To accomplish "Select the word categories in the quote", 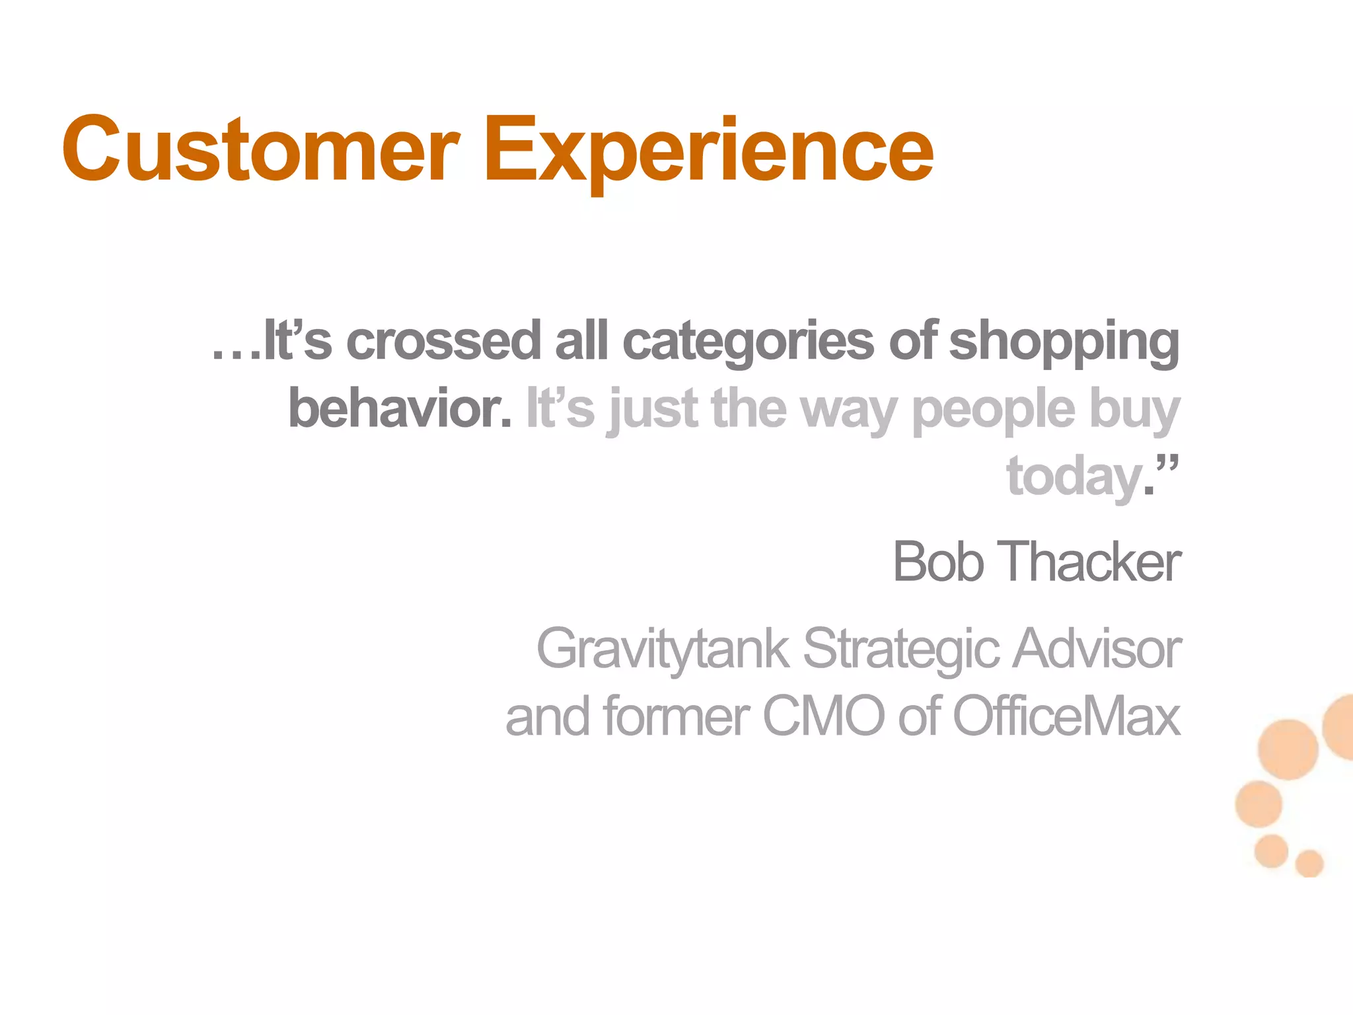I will [748, 342].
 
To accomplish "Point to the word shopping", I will [1064, 342].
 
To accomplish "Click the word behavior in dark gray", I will [400, 408].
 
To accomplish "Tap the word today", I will [1074, 477].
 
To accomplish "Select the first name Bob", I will [937, 562].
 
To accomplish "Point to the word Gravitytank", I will [662, 650].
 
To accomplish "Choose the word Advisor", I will [1097, 648].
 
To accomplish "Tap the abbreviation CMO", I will [823, 716].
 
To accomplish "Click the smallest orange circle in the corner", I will [1309, 863].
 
